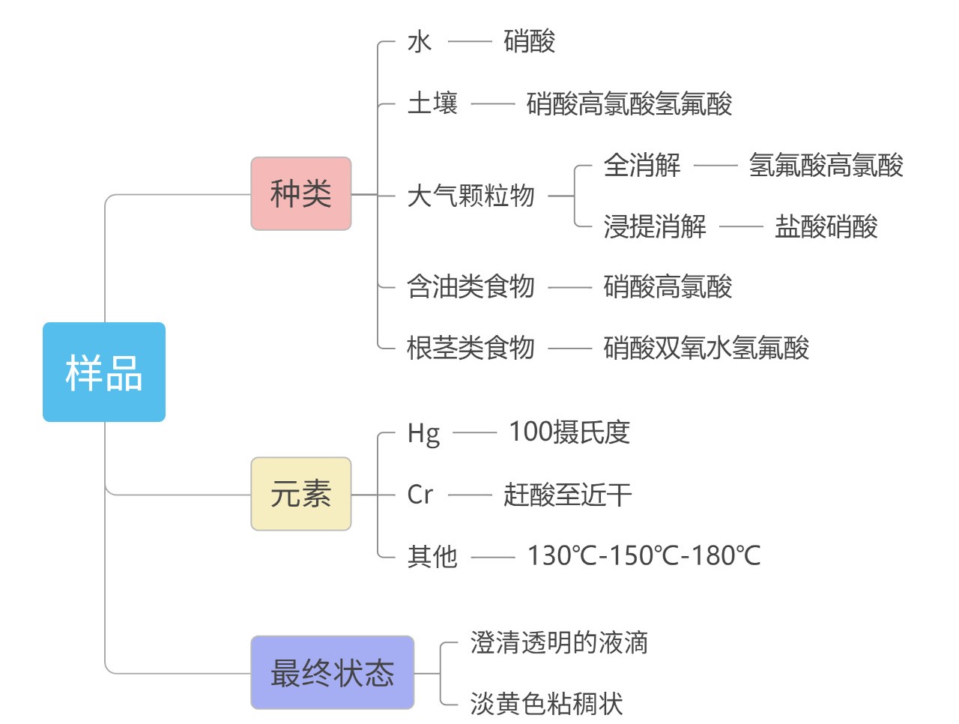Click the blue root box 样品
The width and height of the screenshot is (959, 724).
click(104, 372)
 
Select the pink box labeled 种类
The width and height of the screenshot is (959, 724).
click(301, 194)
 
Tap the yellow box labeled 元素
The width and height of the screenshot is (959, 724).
click(301, 495)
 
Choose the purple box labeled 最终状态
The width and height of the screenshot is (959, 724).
click(333, 673)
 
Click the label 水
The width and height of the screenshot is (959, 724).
click(420, 42)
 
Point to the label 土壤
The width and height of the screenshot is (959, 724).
click(432, 103)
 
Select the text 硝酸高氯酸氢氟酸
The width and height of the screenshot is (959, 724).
click(629, 103)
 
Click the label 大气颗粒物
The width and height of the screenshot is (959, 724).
click(471, 196)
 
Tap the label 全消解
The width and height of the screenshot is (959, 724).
click(642, 165)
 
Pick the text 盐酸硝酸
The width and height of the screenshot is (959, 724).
click(826, 226)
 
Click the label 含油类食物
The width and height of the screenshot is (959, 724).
click(471, 286)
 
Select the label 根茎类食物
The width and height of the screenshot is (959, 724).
click(471, 348)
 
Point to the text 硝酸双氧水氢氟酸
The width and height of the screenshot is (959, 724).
click(707, 348)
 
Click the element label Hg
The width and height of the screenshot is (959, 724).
click(423, 433)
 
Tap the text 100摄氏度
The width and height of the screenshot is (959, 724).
click(569, 432)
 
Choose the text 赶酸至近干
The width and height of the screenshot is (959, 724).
click(567, 495)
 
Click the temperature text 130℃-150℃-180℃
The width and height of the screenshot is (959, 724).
click(644, 556)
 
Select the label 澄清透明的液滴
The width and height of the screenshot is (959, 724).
click(559, 643)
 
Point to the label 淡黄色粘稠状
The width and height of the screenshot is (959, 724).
click(546, 704)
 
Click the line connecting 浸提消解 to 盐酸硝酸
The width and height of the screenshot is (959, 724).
click(741, 226)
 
